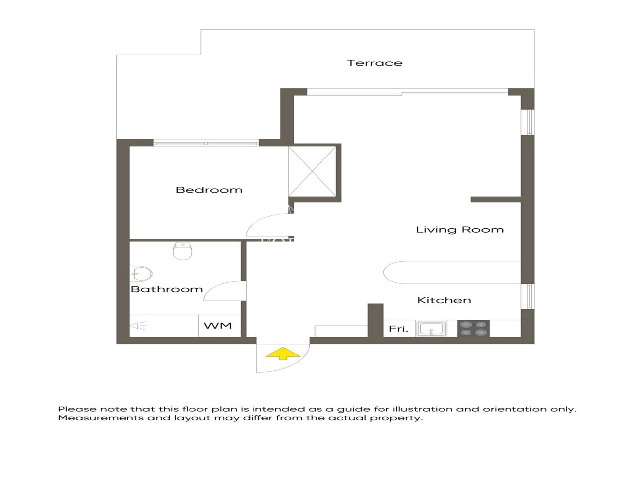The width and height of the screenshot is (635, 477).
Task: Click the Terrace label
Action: point(375,63)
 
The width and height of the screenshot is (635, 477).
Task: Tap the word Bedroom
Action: point(209,190)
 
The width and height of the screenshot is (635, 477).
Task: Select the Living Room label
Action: point(460,230)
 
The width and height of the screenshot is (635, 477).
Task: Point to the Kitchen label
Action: point(444,300)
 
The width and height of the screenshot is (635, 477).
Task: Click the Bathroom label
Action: point(167,289)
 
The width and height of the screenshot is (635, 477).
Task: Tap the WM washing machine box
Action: point(219,326)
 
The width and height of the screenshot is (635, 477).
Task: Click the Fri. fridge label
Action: point(399,329)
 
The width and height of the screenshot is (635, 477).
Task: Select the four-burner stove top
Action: point(473,328)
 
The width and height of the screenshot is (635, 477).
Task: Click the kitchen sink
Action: point(431,329)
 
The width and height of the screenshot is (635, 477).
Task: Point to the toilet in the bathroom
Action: point(183,251)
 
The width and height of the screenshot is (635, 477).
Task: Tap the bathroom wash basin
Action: point(141,274)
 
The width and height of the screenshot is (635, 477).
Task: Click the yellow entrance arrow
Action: point(283,354)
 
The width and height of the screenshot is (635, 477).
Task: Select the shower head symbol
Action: point(138,326)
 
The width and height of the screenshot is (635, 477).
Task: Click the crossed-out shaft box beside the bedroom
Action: point(313,171)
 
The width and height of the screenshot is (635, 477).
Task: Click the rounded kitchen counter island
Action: point(452,272)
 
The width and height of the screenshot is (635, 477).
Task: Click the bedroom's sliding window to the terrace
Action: point(206,143)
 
